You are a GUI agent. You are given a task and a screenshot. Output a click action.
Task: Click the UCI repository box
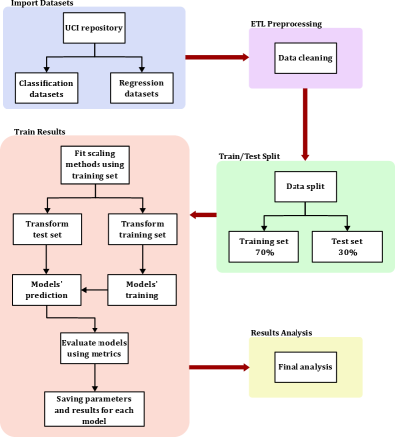click(95, 28)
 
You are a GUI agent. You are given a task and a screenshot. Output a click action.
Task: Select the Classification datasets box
click(50, 88)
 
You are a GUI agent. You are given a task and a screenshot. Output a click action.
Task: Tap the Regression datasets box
click(139, 88)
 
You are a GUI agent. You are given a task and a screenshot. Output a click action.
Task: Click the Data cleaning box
click(304, 58)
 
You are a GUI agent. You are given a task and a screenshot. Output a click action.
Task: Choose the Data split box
click(304, 186)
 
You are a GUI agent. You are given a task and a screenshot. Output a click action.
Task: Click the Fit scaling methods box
click(94, 164)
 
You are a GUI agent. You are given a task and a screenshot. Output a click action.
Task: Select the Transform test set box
click(40, 230)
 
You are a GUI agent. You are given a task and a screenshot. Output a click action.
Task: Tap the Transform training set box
click(142, 230)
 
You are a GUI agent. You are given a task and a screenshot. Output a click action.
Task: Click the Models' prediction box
click(40, 290)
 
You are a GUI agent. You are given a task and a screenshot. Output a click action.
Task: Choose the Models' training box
click(142, 290)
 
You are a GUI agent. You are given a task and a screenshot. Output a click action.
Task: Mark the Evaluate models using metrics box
click(94, 348)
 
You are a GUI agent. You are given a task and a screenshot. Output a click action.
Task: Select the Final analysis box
click(304, 368)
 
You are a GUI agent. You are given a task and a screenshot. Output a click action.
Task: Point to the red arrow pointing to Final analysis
click(217, 367)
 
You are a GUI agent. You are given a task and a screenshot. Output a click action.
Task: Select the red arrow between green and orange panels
click(203, 214)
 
